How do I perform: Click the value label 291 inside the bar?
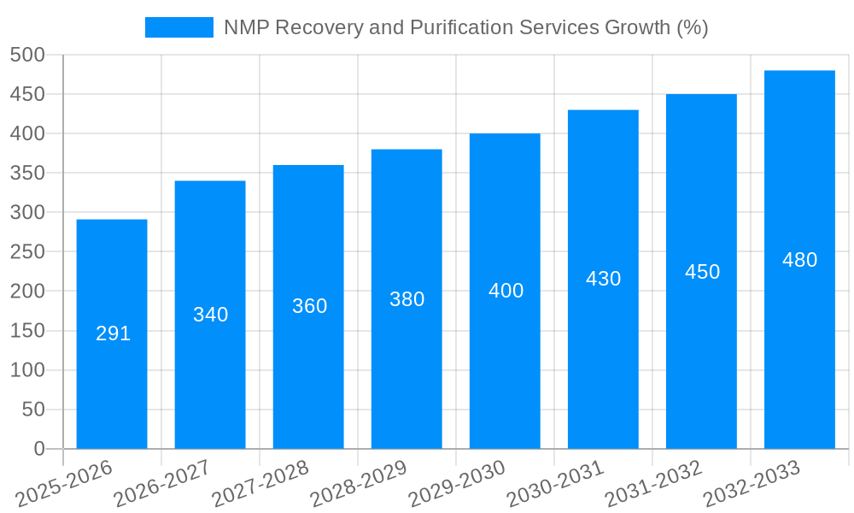(113, 333)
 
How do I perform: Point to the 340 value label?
(211, 315)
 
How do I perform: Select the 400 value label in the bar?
(506, 291)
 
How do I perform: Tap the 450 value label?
(702, 272)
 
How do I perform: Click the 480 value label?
(800, 260)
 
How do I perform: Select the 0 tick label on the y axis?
(38, 449)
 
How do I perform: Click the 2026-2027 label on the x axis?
(162, 484)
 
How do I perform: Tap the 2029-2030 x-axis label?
(457, 484)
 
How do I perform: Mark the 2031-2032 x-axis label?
(653, 484)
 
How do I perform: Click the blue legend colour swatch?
(179, 27)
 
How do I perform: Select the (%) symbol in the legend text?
(692, 27)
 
